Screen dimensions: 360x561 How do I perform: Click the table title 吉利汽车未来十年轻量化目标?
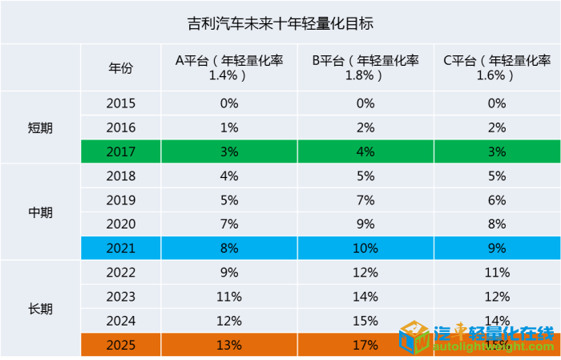click(x=280, y=22)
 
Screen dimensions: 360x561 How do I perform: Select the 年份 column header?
click(x=121, y=67)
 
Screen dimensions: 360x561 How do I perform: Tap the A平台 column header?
click(x=229, y=67)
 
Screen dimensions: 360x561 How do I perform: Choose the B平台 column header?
click(x=365, y=67)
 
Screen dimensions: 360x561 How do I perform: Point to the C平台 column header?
click(x=497, y=67)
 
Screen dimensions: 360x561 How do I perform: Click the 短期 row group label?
click(x=40, y=127)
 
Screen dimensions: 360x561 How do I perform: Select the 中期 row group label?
click(x=40, y=212)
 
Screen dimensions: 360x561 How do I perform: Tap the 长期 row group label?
click(x=40, y=309)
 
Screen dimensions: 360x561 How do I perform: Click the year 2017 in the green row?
click(x=121, y=152)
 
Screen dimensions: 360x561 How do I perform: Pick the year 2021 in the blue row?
click(x=121, y=249)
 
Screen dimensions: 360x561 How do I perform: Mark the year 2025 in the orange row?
click(x=121, y=346)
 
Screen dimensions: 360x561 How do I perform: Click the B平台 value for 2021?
click(x=365, y=249)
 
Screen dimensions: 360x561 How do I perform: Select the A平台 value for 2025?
click(x=229, y=346)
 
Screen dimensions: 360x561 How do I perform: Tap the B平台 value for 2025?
click(x=365, y=346)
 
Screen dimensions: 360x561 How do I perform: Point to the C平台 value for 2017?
click(x=497, y=152)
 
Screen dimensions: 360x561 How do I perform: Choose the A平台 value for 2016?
click(x=229, y=127)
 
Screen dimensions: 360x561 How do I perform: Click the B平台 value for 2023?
click(x=365, y=297)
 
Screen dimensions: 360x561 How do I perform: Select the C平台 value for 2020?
click(x=497, y=224)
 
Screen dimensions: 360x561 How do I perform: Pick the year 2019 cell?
click(x=121, y=200)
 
